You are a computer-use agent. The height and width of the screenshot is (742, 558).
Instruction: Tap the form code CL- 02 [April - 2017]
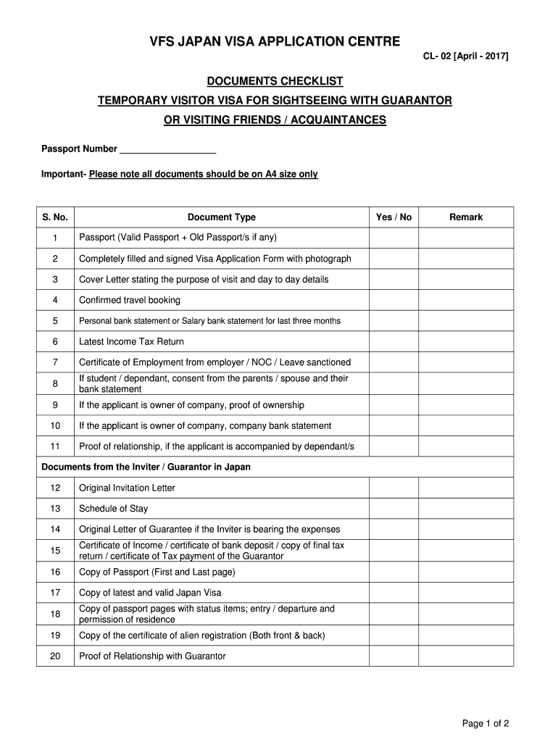point(466,56)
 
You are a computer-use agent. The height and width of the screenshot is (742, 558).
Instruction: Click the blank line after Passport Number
point(167,149)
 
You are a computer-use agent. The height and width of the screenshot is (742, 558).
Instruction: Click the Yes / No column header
point(393,217)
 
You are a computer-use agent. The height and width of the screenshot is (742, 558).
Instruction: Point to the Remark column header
point(466,217)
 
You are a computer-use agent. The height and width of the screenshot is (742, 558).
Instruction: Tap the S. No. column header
point(55,217)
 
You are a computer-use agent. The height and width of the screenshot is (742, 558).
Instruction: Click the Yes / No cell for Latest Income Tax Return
point(393,342)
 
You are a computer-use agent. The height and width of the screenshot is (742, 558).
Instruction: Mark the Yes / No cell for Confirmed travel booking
point(393,300)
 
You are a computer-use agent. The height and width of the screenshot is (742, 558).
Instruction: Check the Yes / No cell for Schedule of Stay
point(393,509)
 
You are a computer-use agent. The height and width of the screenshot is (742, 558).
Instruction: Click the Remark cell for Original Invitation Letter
point(466,488)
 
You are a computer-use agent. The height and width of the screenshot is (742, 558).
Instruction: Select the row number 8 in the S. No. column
point(55,383)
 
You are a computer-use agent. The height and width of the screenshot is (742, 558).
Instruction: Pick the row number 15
point(55,551)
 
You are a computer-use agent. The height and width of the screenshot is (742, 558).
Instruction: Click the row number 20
point(55,656)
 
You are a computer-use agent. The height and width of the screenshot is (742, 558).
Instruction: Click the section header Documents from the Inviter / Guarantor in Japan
point(146,467)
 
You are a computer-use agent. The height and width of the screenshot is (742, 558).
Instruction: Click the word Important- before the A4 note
point(63,175)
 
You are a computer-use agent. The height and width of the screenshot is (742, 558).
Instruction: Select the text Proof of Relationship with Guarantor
point(152,656)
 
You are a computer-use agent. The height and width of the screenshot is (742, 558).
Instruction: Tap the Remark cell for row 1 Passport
point(466,238)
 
